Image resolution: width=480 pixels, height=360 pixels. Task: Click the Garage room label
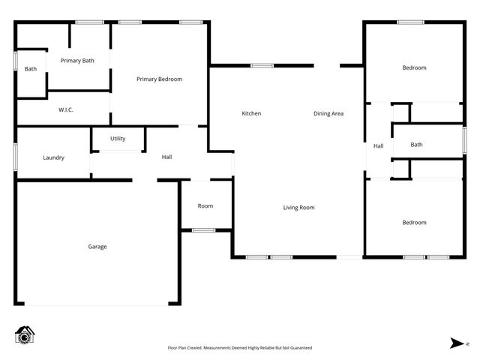point(97,247)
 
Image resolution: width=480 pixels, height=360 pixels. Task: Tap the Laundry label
point(53,158)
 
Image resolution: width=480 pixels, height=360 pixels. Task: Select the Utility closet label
point(118,139)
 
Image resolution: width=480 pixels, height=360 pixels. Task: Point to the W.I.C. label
point(66,110)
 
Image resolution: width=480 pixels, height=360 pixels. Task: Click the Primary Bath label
point(77,61)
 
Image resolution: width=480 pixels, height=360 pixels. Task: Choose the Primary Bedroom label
point(159,79)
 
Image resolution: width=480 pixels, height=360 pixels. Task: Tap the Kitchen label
point(251,113)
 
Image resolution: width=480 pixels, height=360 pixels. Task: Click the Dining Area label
point(328,113)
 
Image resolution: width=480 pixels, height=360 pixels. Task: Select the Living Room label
point(298,208)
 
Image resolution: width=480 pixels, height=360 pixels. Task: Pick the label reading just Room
point(205,206)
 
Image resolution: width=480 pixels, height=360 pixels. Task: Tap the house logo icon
point(25,335)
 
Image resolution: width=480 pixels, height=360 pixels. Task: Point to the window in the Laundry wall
point(15,158)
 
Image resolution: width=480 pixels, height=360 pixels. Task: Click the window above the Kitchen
point(262,66)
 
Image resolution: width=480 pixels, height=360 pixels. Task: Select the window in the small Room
point(203,230)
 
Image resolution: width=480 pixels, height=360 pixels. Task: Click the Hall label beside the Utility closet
point(166,157)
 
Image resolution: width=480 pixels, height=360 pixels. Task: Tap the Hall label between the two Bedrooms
point(378,145)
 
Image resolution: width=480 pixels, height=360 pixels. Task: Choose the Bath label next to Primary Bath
point(31,69)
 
